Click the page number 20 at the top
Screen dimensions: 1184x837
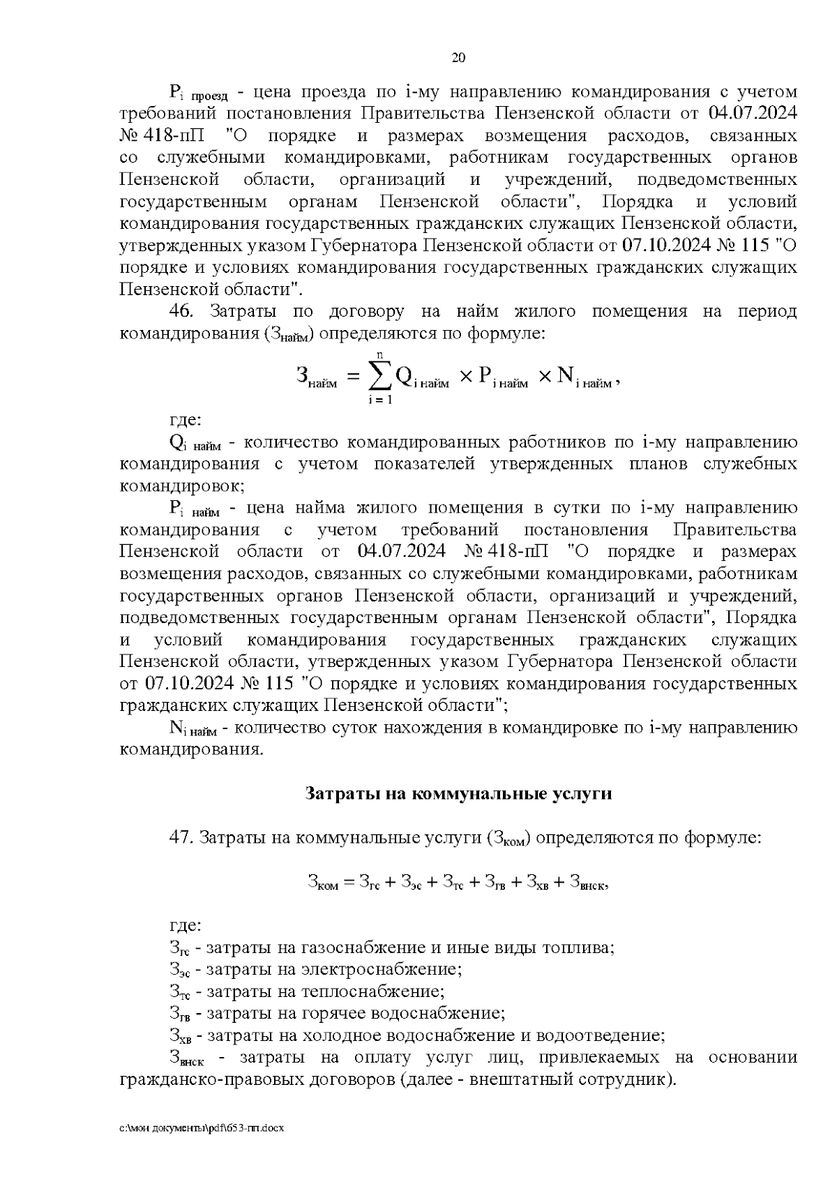pyautogui.click(x=458, y=57)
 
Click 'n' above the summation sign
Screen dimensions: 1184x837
pyautogui.click(x=379, y=355)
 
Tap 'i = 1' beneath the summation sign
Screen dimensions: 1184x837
pyautogui.click(x=380, y=400)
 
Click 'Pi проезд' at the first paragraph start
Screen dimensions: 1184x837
pyautogui.click(x=194, y=93)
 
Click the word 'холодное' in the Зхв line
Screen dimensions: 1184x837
pyautogui.click(x=332, y=1034)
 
